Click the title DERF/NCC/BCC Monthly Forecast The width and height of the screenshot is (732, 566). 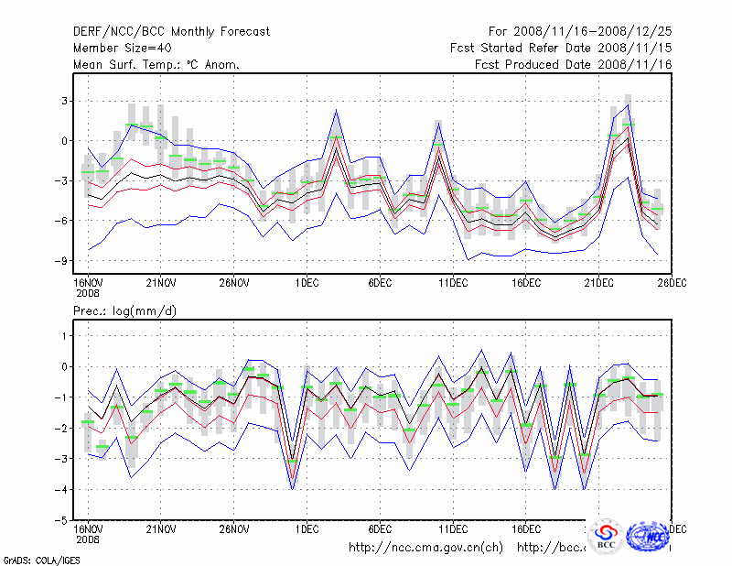pyautogui.click(x=171, y=32)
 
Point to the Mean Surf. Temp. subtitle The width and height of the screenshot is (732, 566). pyautogui.click(x=156, y=65)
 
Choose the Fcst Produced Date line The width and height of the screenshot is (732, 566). pyautogui.click(x=573, y=65)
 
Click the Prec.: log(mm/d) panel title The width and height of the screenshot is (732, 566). pyautogui.click(x=124, y=312)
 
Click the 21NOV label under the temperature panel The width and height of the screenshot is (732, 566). pyautogui.click(x=160, y=284)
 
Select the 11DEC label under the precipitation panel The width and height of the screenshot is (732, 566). pyautogui.click(x=453, y=529)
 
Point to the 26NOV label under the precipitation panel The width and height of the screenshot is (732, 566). pyautogui.click(x=233, y=529)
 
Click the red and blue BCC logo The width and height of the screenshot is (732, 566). pyautogui.click(x=606, y=538)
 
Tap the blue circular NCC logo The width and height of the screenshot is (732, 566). pyautogui.click(x=649, y=537)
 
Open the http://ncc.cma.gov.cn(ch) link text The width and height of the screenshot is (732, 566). pyautogui.click(x=425, y=548)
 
